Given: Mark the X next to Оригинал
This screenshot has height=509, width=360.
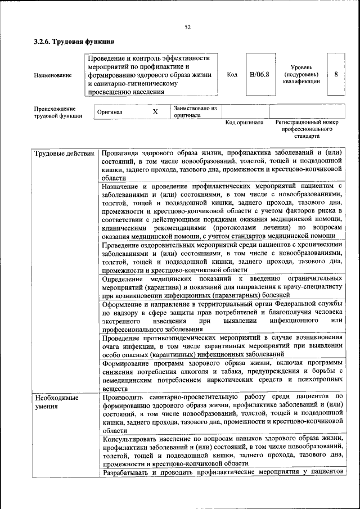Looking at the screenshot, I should pyautogui.click(x=155, y=112).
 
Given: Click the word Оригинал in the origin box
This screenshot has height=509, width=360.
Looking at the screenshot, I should pyautogui.click(x=110, y=112).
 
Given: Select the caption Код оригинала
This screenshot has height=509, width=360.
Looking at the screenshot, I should pyautogui.click(x=244, y=123).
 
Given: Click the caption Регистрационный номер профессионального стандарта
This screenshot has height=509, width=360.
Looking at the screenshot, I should pyautogui.click(x=307, y=129).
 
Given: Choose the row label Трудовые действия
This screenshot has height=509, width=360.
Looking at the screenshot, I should pyautogui.click(x=64, y=153).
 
